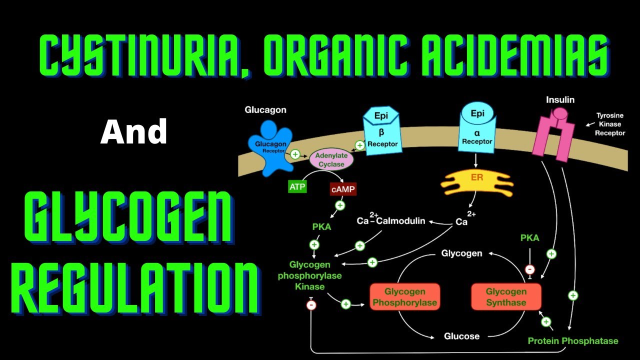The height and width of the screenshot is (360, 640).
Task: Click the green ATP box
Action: (297, 187)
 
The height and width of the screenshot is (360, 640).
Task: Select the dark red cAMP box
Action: (343, 189)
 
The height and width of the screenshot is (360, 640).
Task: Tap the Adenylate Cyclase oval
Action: (331, 159)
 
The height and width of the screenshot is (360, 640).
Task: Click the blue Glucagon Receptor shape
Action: (270, 148)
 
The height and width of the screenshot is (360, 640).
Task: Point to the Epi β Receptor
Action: (382, 130)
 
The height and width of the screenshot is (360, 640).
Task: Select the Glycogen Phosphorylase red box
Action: (404, 297)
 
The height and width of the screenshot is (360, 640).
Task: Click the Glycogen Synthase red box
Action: (506, 297)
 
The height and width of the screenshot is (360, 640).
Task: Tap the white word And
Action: (133, 132)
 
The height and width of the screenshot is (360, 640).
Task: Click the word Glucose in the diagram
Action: (461, 336)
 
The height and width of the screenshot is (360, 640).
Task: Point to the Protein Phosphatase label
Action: (572, 341)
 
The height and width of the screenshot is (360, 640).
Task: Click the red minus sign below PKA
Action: (530, 269)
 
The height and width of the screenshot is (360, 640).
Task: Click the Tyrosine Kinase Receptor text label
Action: (608, 124)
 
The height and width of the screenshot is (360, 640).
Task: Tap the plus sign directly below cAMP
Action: (340, 205)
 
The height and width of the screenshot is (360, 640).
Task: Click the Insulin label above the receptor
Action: (560, 99)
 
